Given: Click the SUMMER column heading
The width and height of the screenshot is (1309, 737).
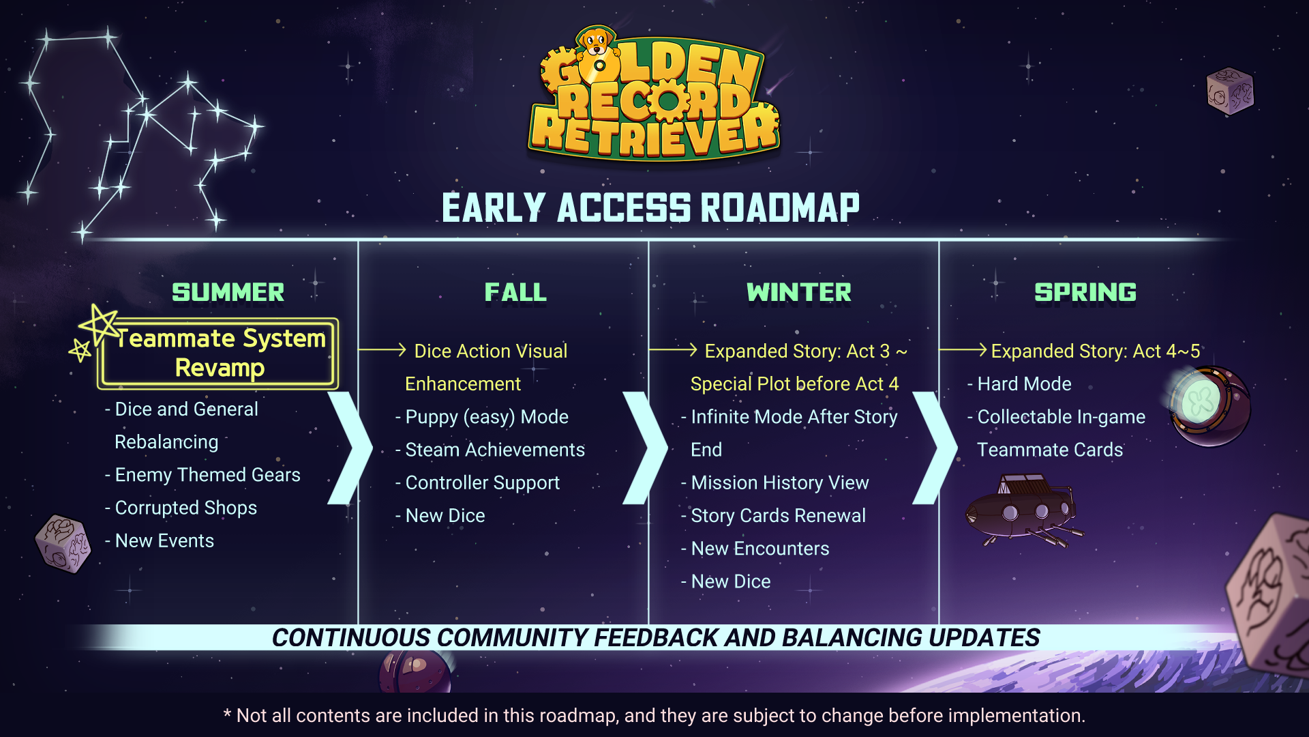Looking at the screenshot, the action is click(x=228, y=292).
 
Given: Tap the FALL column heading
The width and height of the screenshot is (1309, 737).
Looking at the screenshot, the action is click(x=515, y=292).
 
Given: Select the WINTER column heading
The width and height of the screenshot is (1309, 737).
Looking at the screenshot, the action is click(x=799, y=292).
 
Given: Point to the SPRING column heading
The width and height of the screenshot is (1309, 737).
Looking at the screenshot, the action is click(x=1085, y=292).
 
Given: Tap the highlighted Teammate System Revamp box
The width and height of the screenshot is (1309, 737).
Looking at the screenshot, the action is click(x=218, y=353).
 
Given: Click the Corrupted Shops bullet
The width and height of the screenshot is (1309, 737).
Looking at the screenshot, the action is click(x=181, y=508).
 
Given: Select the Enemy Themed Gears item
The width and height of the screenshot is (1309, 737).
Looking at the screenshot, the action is click(x=202, y=475).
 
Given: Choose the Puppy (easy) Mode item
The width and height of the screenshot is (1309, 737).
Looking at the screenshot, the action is click(x=482, y=417).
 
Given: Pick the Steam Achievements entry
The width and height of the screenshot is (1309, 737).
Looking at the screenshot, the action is click(x=490, y=450).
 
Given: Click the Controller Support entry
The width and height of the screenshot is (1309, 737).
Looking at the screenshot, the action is click(x=477, y=482).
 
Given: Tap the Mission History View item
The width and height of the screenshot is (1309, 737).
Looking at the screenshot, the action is click(x=775, y=482).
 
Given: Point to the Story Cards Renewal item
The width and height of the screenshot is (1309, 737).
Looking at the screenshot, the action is click(x=773, y=515).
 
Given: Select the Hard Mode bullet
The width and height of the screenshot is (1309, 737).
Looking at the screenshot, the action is click(x=1019, y=384).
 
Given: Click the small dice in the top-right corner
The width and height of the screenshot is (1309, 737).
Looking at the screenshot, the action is click(x=1230, y=91).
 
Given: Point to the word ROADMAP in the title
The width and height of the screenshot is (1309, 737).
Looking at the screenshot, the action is click(x=780, y=207).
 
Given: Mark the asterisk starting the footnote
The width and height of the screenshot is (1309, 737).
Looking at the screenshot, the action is click(x=228, y=712).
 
